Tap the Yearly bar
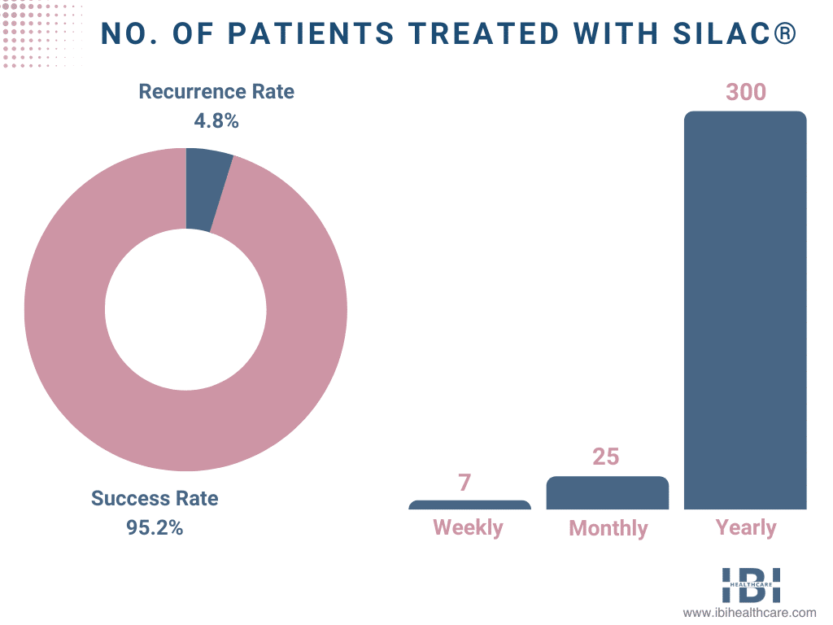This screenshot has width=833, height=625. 744,309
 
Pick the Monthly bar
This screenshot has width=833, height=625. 607,493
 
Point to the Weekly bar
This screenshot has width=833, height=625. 469,505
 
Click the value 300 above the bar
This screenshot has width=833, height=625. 745,92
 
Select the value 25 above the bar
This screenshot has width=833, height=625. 606,457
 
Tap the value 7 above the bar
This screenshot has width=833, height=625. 464,482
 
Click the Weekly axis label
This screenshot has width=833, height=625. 468,527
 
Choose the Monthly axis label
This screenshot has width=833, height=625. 608,528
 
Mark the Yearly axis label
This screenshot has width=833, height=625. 745,527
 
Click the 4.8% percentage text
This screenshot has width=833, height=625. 216,121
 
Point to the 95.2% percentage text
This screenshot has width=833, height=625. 155,527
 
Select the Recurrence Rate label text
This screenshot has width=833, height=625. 216,91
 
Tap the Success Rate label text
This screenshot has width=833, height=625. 155,498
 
